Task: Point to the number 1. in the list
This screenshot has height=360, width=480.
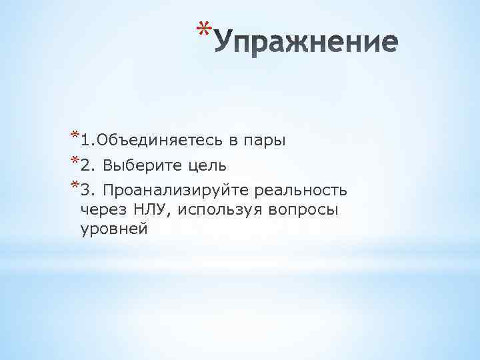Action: point(87,141)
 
